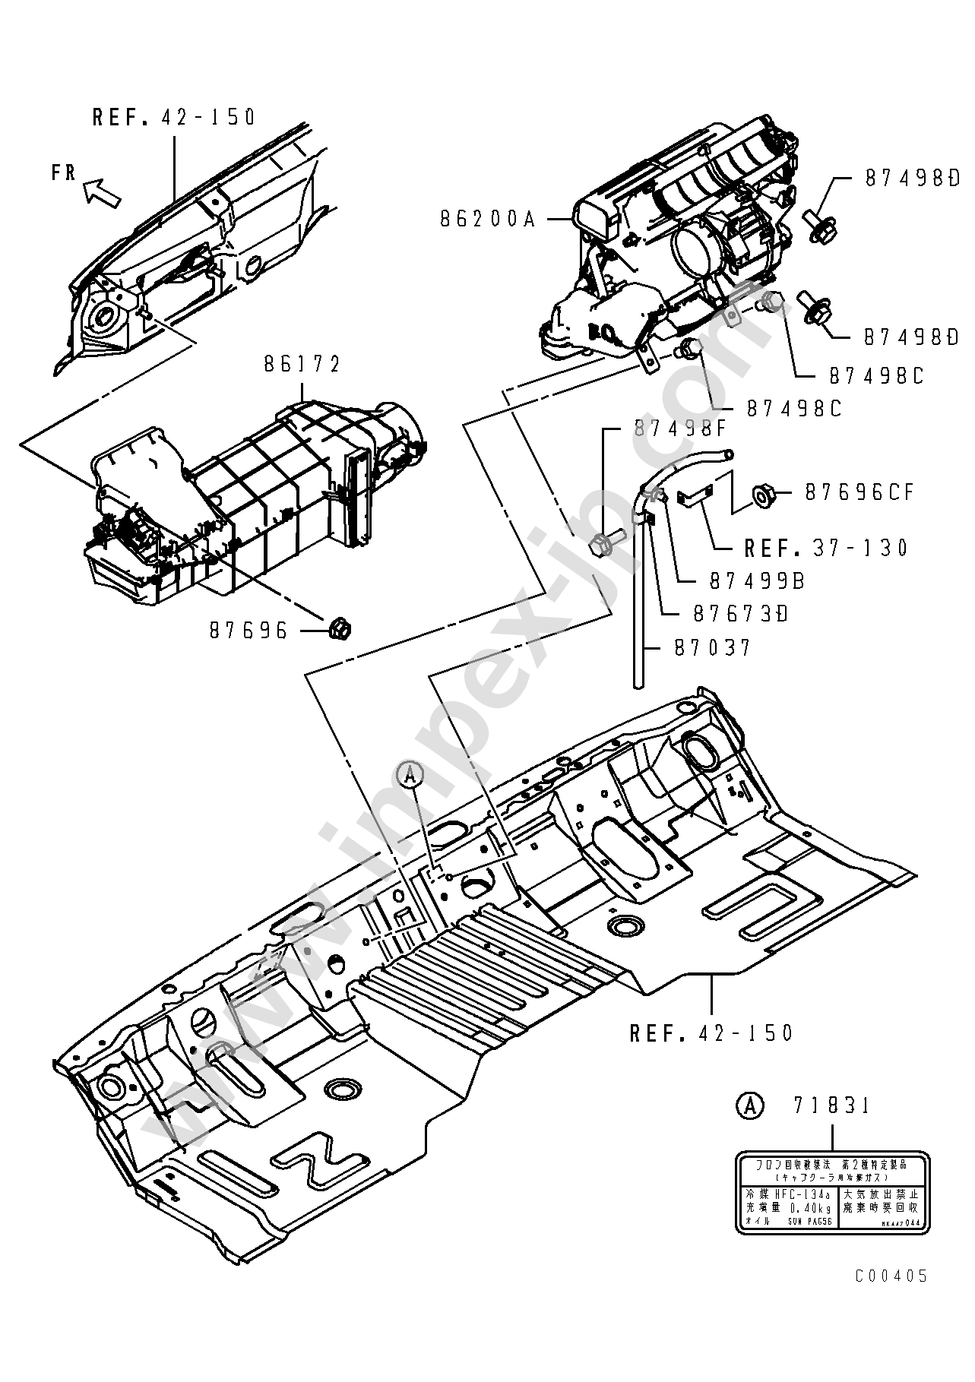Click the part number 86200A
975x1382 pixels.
click(488, 220)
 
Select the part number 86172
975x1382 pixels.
click(302, 365)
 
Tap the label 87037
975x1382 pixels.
click(712, 648)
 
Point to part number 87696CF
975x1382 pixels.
click(859, 493)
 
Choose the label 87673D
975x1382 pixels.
click(741, 613)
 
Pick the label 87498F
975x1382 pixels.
click(681, 429)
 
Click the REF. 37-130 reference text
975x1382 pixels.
click(826, 548)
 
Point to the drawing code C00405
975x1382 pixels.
click(891, 1276)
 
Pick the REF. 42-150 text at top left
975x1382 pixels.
click(175, 117)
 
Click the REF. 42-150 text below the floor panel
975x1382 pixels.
click(711, 1033)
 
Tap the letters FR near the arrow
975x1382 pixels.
click(64, 172)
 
